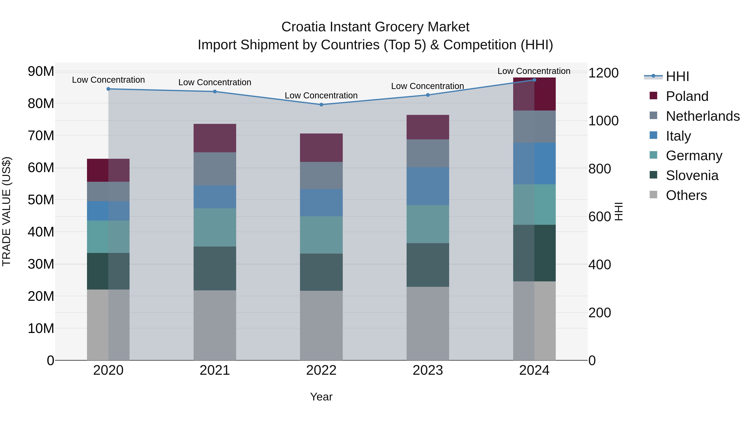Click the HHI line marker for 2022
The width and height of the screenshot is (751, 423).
[x=321, y=104]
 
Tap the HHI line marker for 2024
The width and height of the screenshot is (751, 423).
[x=534, y=80]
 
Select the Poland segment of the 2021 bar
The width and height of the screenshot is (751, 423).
[x=215, y=138]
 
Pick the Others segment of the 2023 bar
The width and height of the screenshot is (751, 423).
[x=428, y=323]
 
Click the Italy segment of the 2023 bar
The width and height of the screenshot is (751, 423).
[x=428, y=186]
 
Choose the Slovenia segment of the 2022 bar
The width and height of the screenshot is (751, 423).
[x=321, y=272]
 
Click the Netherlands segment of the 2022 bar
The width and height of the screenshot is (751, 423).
[x=321, y=175]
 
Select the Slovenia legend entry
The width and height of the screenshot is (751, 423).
[x=692, y=175]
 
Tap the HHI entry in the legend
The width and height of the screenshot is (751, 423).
[x=677, y=76]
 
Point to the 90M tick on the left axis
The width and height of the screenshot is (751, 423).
[x=41, y=71]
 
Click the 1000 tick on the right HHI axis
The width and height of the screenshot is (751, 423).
[x=603, y=121]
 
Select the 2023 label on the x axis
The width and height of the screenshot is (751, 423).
[x=428, y=370]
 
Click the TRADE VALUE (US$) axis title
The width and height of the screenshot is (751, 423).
[x=6, y=211]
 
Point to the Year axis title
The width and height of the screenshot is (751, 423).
[x=321, y=397]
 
